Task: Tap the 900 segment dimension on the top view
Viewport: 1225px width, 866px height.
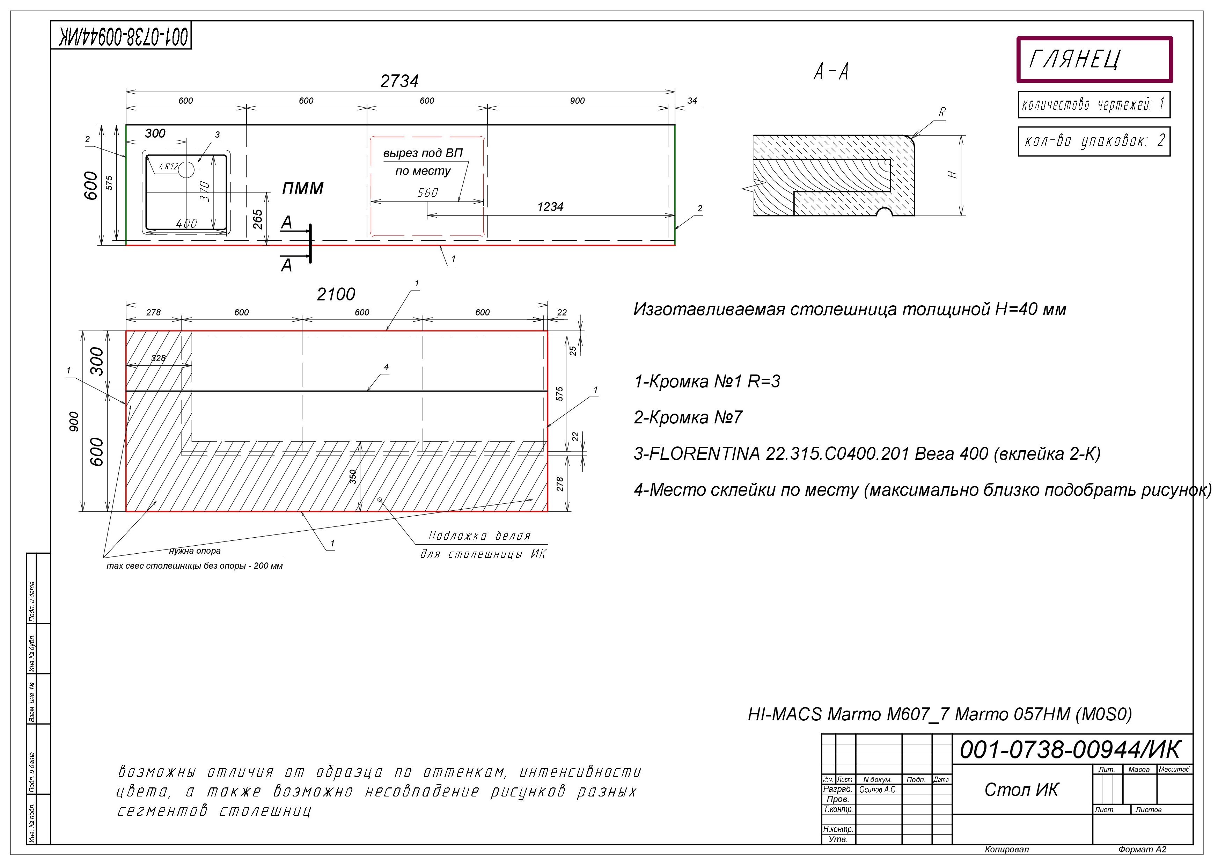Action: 577,101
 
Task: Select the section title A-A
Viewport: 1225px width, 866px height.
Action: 831,72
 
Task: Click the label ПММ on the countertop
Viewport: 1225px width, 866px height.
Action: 302,188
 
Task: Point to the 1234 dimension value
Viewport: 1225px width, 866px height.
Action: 550,207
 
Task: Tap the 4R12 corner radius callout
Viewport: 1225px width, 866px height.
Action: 168,167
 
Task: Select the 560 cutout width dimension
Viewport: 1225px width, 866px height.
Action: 427,192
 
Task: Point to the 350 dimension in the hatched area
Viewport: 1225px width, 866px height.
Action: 353,476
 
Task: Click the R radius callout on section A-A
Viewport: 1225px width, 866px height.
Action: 942,112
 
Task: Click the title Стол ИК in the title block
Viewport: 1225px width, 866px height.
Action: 1021,790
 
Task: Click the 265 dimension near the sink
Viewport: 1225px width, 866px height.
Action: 258,219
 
